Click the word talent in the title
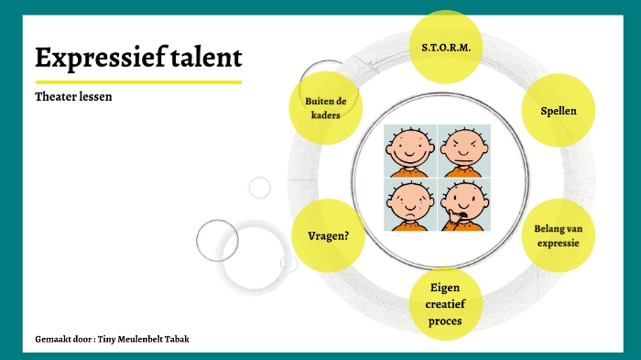[x=206, y=59]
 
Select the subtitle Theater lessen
[x=73, y=96]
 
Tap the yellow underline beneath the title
[x=137, y=82]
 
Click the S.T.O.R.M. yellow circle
[x=446, y=46]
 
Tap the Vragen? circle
[x=328, y=235]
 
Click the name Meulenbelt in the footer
[x=139, y=339]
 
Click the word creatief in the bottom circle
[x=445, y=304]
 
